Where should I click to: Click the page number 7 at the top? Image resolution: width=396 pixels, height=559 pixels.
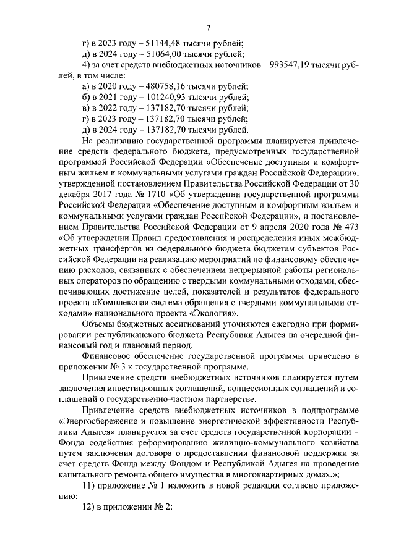point(209,28)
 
